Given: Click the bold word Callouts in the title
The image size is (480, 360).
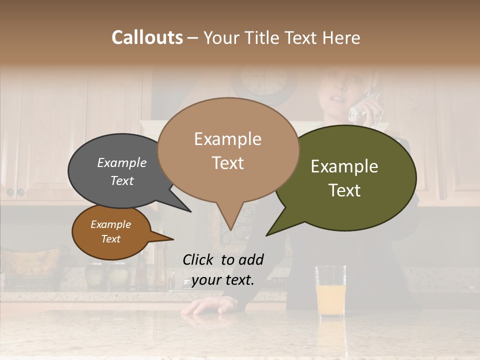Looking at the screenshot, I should (147, 37).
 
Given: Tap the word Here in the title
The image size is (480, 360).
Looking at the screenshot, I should (341, 37).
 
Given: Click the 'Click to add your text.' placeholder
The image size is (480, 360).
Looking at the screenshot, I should (223, 269).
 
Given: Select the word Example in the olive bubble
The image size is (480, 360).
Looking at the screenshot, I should (344, 166).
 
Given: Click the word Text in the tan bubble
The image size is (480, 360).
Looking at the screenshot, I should (228, 162).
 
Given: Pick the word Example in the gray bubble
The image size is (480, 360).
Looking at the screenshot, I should (122, 162).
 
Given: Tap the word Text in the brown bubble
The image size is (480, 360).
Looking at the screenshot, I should (111, 239).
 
